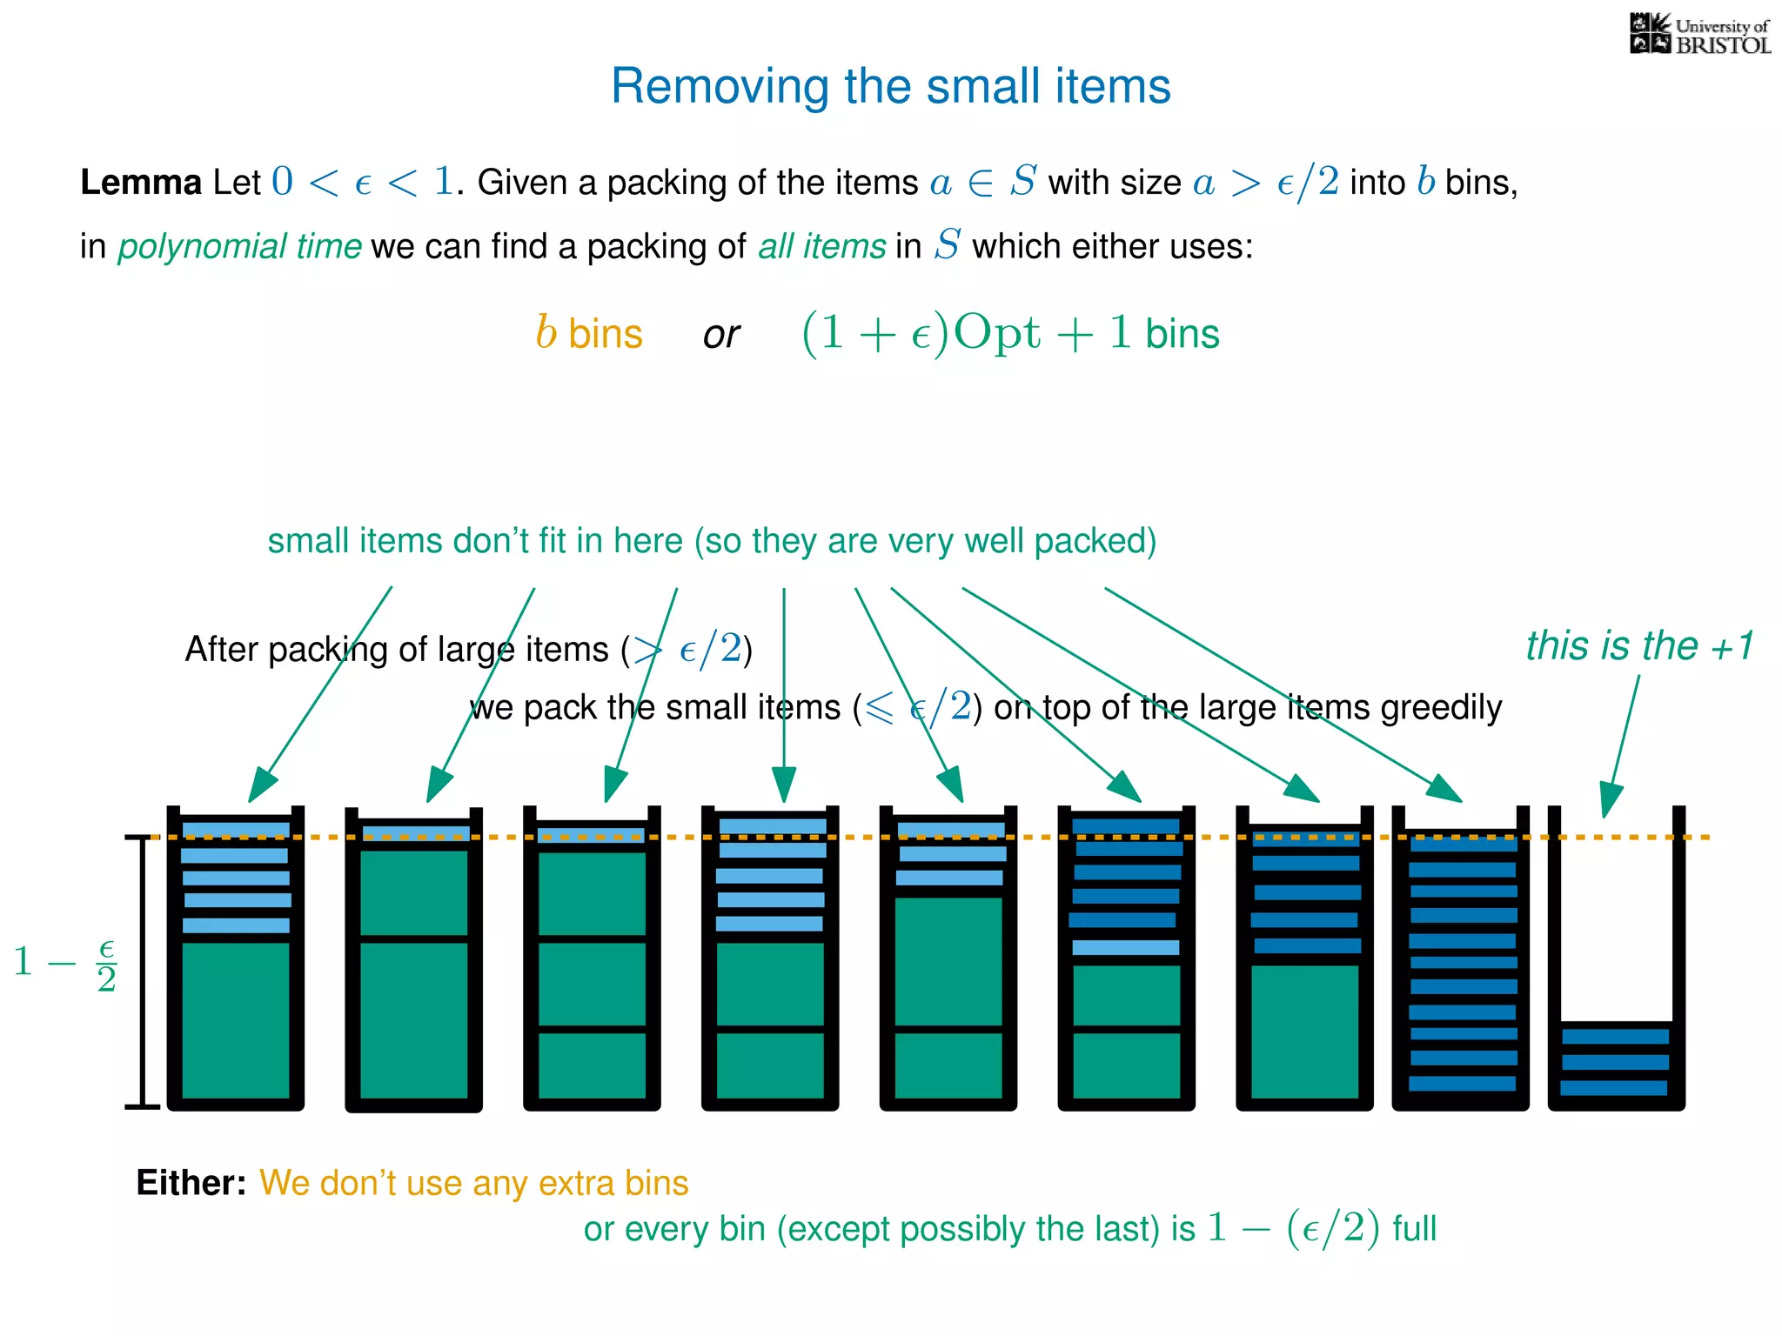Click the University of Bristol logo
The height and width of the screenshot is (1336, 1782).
tap(1698, 35)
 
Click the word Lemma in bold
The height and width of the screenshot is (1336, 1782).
tap(141, 183)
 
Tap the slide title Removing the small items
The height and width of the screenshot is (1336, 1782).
tap(890, 86)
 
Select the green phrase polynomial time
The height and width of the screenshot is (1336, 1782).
tap(239, 247)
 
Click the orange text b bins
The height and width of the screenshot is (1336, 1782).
tap(589, 333)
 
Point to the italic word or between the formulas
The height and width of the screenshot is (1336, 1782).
tap(721, 335)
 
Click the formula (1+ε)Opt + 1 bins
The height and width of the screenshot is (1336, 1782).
tap(1009, 333)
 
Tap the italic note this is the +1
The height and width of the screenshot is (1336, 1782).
tap(1639, 646)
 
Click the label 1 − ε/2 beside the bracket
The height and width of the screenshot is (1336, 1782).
tap(66, 964)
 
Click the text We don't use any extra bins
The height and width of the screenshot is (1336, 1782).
tap(474, 1184)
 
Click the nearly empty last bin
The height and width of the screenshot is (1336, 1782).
tap(1616, 957)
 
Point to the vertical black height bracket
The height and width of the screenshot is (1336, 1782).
tap(142, 972)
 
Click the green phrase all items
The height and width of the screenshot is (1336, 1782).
tap(821, 247)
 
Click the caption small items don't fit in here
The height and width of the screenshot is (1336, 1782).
tap(711, 541)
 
